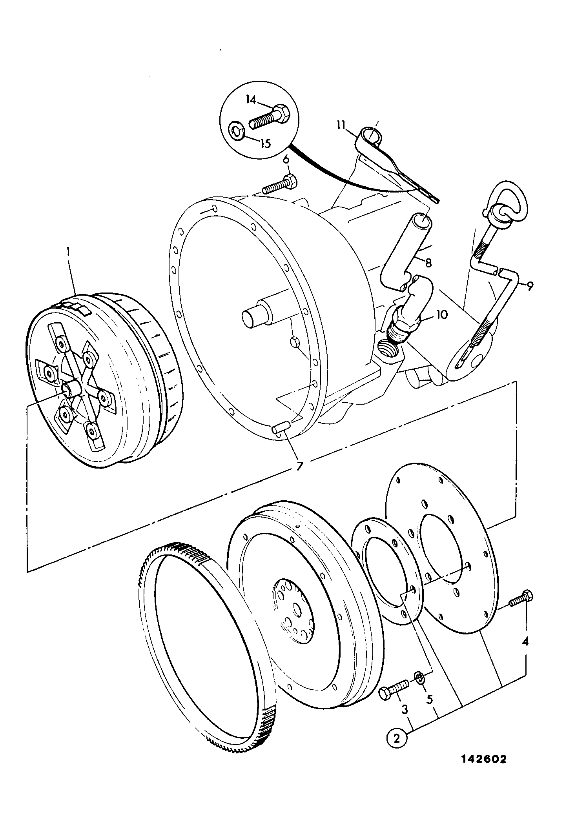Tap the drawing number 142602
(483, 770)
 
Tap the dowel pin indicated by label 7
(282, 427)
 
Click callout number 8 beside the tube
(428, 263)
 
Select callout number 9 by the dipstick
(529, 287)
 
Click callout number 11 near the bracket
(341, 126)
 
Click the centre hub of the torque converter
(71, 389)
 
